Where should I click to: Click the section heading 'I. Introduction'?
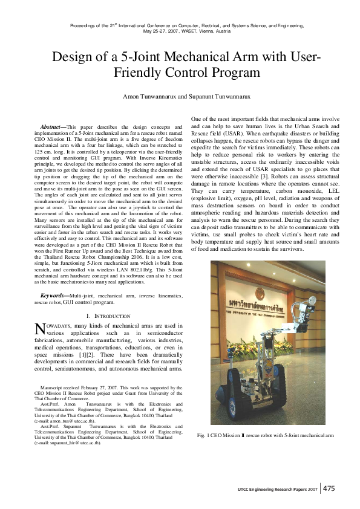pos(108,316)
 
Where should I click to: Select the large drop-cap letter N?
pos(40,329)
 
